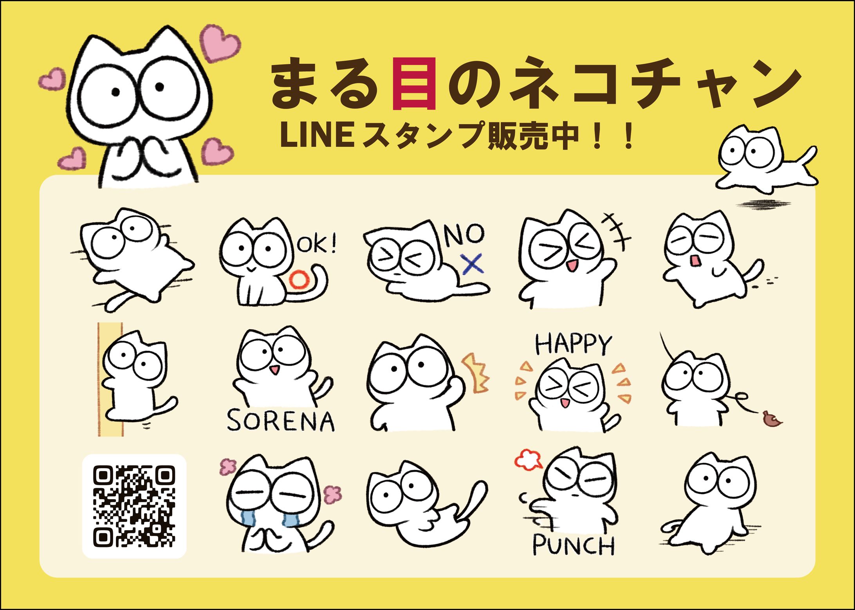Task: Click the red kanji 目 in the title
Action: coord(414,83)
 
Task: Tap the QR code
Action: coord(134,506)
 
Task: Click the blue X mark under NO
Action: coord(473,264)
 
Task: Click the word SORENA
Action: coord(281,421)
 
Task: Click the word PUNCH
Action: coord(574,545)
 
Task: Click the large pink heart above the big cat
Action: coord(220,42)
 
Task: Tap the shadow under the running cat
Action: coord(763,204)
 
